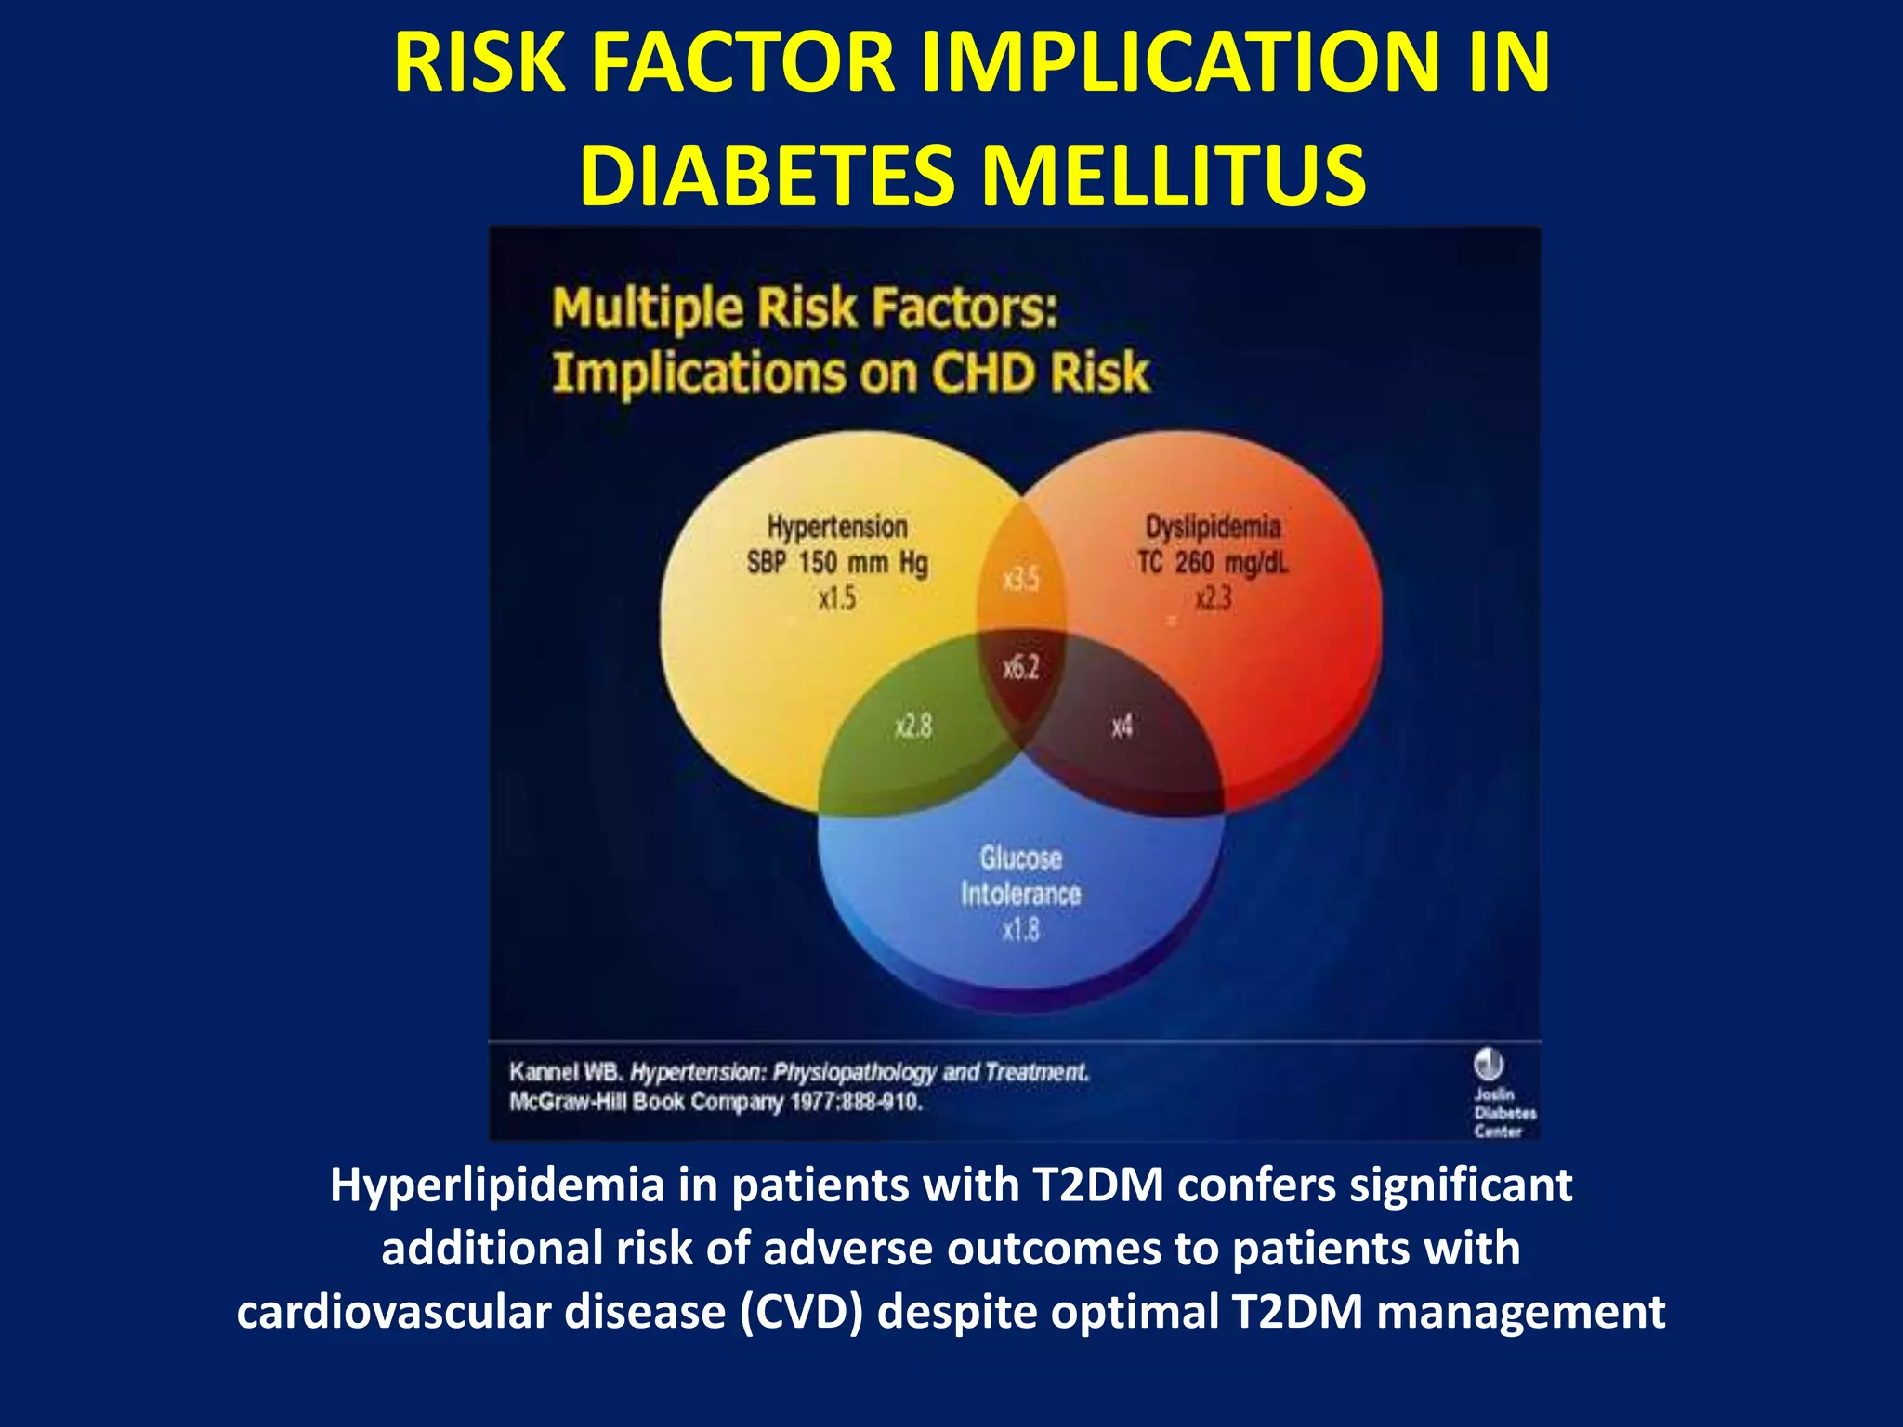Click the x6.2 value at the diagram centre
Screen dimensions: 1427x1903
1020,668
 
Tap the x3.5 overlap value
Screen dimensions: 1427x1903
1020,581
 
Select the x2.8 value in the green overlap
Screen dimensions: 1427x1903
912,726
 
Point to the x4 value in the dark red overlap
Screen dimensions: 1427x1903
1122,726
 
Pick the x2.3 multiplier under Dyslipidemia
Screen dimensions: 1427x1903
1213,598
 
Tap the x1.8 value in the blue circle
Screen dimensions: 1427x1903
1020,930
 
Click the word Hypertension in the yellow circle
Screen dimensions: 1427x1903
836,527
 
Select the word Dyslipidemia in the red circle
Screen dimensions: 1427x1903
1213,527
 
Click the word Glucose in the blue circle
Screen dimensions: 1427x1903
1020,858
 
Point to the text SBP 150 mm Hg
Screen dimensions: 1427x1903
836,563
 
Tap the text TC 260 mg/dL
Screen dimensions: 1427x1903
1213,563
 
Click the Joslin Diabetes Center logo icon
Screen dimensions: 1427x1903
1488,1064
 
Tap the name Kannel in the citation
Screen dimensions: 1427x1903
544,1072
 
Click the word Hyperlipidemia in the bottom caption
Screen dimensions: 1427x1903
497,1185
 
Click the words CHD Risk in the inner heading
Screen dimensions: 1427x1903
1040,373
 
